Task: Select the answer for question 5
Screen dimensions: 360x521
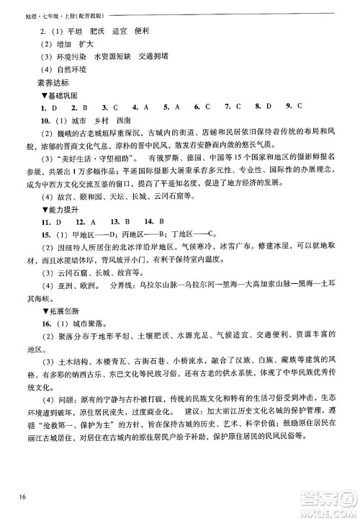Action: [x=176, y=107]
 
